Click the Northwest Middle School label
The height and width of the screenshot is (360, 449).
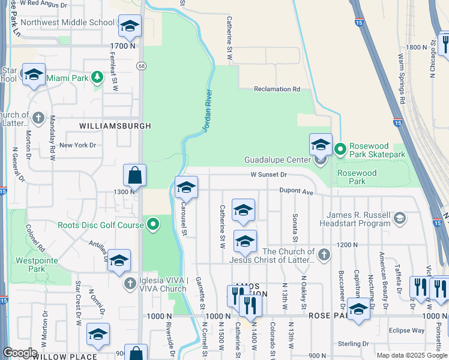coord(67,23)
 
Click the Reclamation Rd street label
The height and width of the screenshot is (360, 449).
coord(277,89)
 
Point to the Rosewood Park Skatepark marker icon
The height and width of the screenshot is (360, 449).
coord(340,148)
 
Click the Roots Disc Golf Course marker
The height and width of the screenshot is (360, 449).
coord(154,225)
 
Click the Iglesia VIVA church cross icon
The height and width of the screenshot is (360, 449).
coord(129,283)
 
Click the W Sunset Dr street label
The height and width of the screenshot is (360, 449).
coord(270,175)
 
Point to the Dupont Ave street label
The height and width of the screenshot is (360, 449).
coord(297,192)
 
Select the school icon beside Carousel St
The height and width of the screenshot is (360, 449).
coord(186,188)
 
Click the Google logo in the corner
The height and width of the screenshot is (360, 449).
coord(20,353)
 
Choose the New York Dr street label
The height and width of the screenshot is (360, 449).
coord(77,145)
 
